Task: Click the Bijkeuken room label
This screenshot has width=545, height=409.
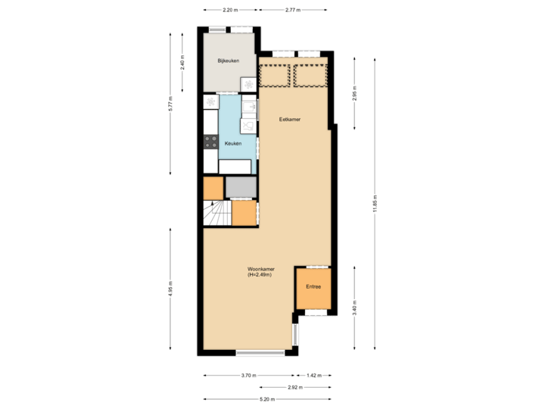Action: [228, 60]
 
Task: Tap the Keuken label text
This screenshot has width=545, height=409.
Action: [232, 142]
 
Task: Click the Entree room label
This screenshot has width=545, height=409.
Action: [313, 287]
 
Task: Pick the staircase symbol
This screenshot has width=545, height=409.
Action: [217, 214]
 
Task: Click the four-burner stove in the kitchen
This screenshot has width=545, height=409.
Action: [210, 142]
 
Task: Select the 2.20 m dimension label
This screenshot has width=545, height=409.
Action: [230, 11]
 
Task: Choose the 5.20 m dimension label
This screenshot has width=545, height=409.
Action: [267, 399]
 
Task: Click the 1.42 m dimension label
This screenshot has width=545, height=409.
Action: [313, 375]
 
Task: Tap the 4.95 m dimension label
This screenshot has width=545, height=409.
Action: [172, 290]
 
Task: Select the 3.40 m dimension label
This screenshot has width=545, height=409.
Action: [355, 307]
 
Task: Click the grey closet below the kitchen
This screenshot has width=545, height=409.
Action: [241, 186]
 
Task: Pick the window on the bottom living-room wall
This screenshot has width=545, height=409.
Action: [260, 352]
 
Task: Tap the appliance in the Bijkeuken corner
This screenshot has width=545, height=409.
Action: [248, 84]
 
